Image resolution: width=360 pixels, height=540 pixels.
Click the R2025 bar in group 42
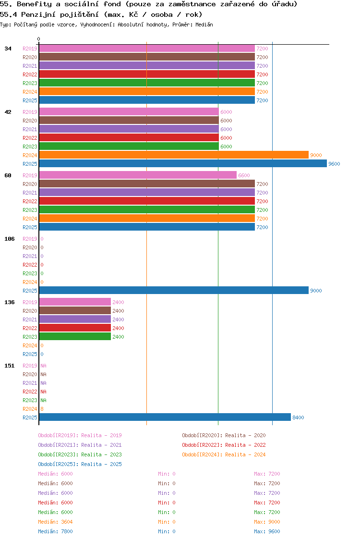[x=182, y=164]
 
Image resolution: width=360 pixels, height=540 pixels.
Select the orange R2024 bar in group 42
[x=173, y=155]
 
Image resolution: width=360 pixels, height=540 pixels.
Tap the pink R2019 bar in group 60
[x=138, y=175]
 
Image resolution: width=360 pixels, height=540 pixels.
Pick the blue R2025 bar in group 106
[x=173, y=291]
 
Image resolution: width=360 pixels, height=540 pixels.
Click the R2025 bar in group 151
[x=165, y=417]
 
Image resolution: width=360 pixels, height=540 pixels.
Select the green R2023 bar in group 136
[x=75, y=337]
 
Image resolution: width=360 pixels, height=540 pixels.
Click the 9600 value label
[x=334, y=164]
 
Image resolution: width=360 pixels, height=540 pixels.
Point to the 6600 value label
[x=244, y=175]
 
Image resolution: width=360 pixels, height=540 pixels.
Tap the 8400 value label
[x=298, y=417]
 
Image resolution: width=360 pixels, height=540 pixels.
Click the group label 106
[x=10, y=239]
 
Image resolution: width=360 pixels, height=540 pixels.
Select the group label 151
[x=10, y=366]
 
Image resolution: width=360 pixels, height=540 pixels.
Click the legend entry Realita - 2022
[x=245, y=445]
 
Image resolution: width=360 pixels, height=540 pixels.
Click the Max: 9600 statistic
[x=267, y=531]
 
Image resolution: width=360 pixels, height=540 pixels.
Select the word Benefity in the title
[x=33, y=4]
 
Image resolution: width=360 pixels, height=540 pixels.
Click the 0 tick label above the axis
[x=39, y=39]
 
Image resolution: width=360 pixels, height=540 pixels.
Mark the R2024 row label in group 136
[x=30, y=345]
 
